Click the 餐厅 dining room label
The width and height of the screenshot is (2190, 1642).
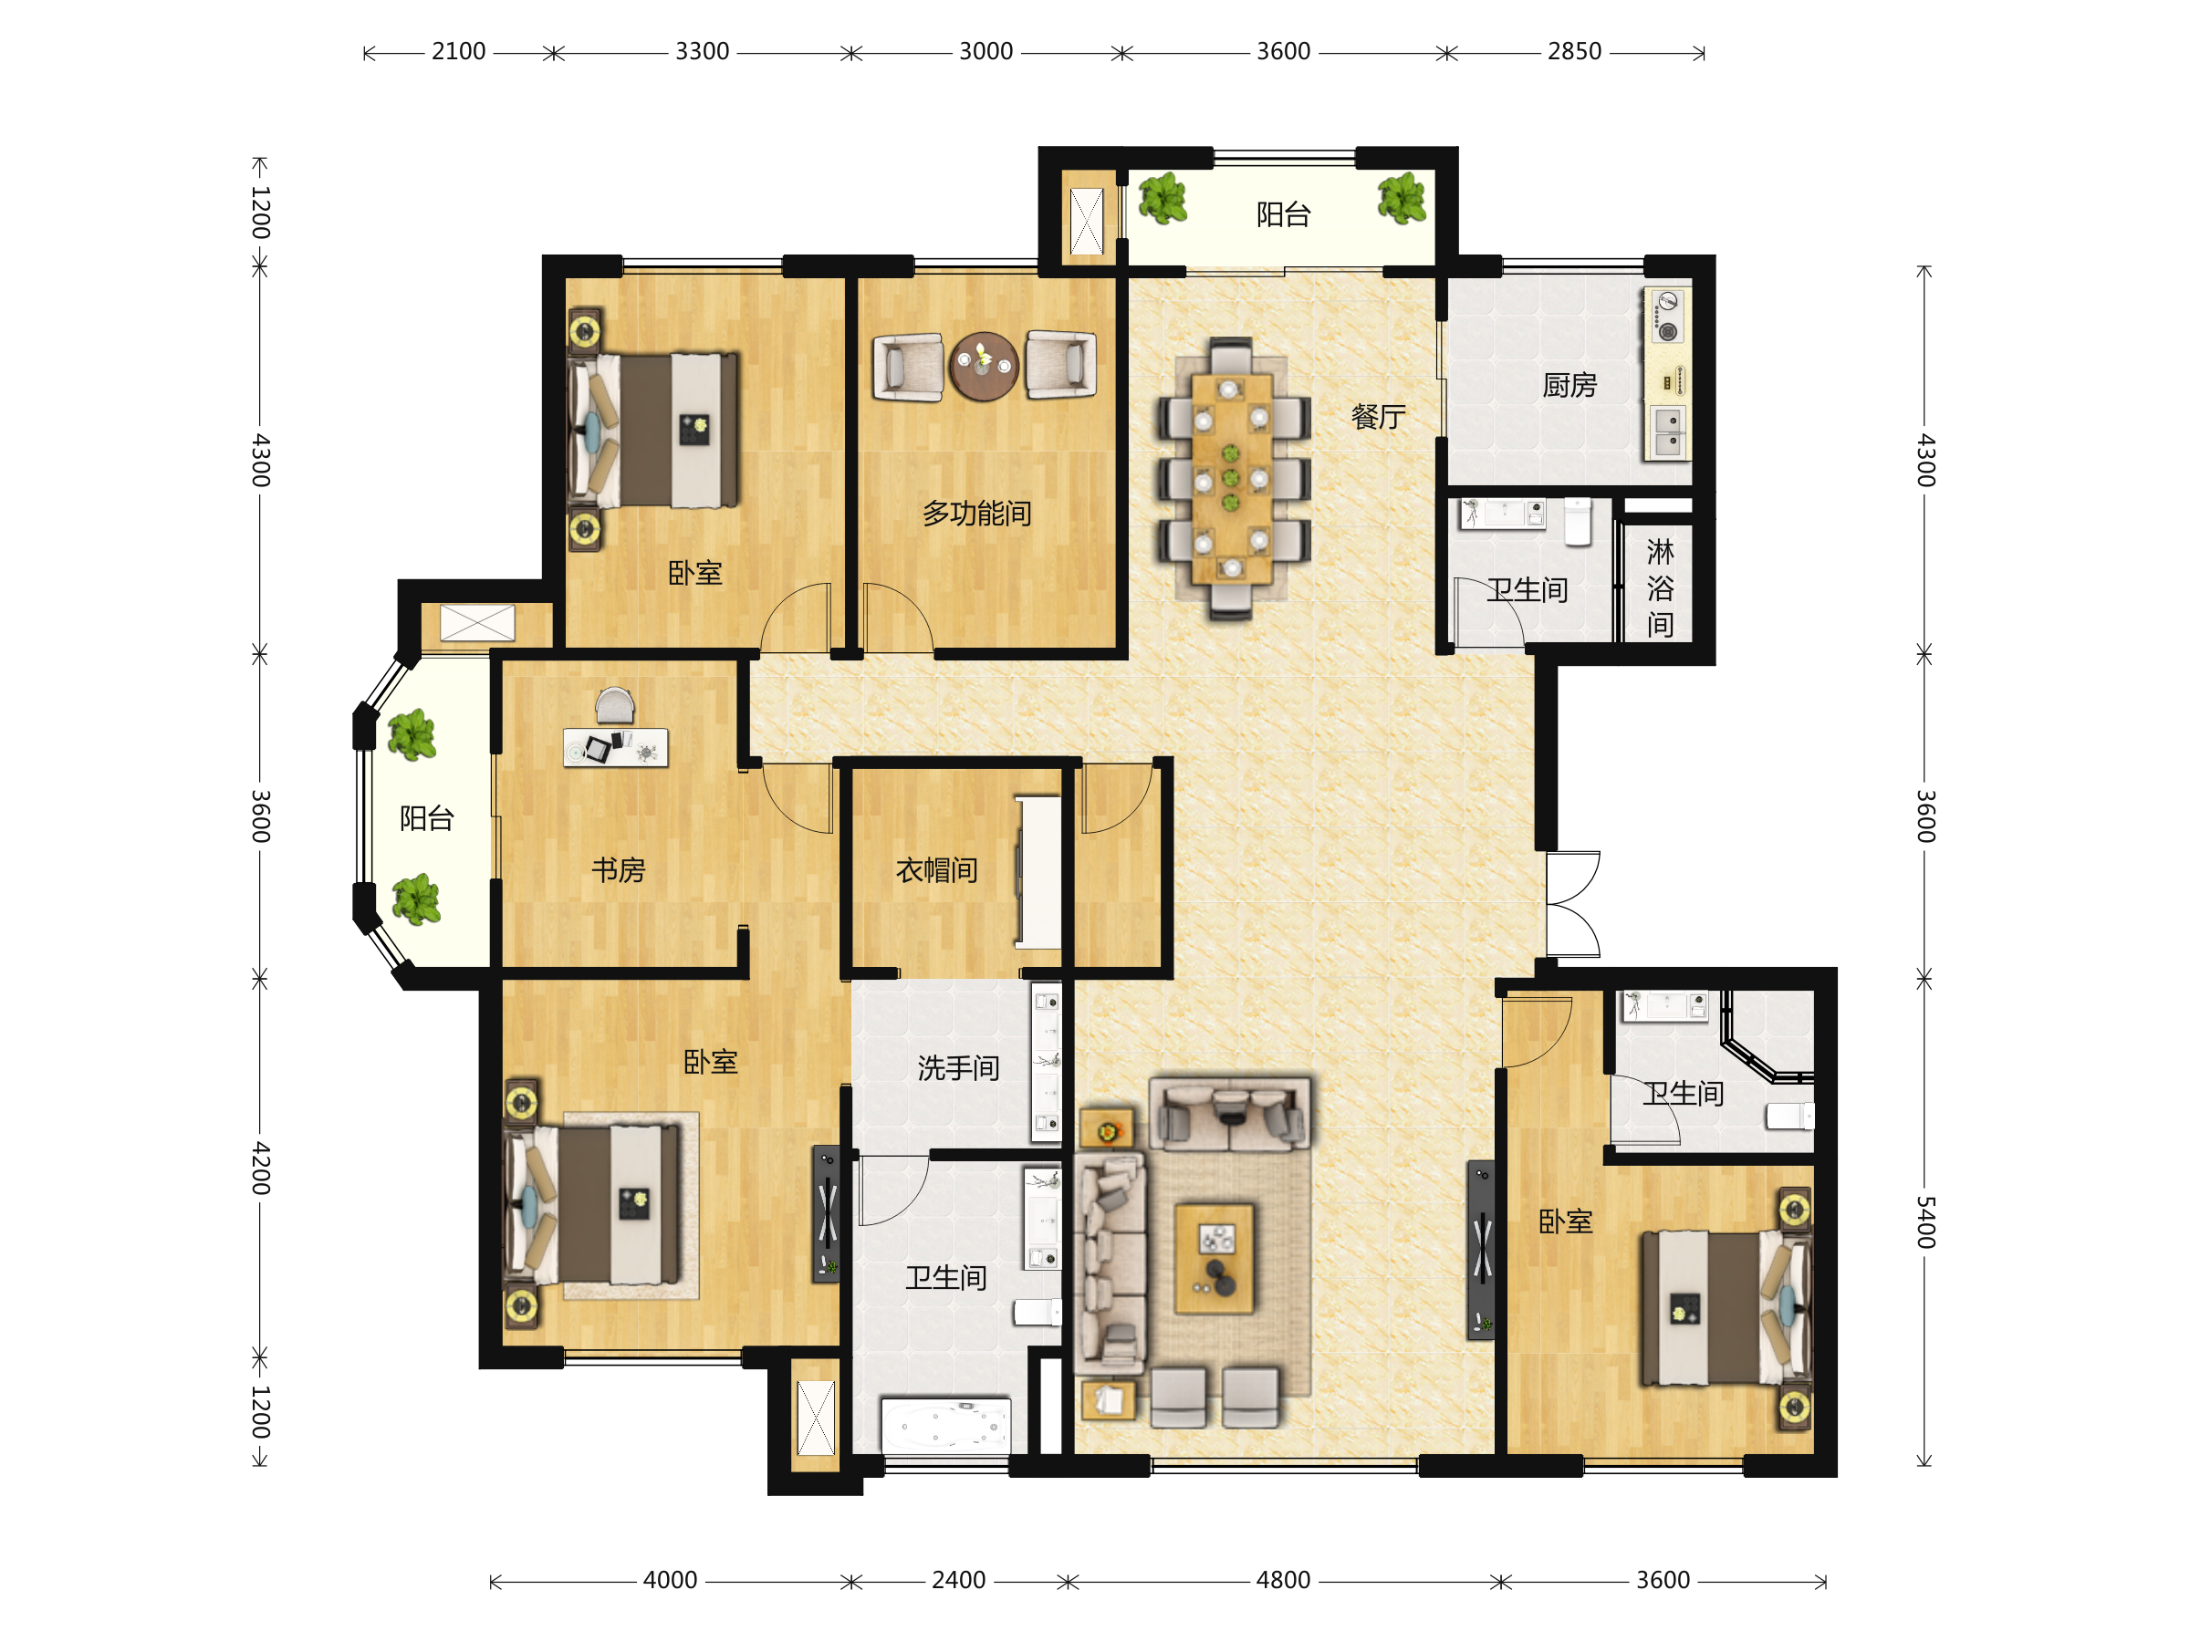point(1378,417)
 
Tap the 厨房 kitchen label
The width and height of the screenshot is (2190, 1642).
point(1569,385)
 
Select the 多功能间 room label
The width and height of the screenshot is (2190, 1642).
point(976,513)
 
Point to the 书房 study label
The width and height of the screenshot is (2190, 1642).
point(618,870)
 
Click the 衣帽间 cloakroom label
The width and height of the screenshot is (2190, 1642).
point(936,870)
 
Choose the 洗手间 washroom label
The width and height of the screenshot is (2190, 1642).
point(958,1068)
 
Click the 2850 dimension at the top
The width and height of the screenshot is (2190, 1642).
point(1574,51)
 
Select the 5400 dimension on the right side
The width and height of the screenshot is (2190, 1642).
point(1924,1221)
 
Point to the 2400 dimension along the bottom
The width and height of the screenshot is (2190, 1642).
point(958,1580)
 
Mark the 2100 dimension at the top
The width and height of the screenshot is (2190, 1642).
point(458,51)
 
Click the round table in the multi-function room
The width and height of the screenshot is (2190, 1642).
point(983,366)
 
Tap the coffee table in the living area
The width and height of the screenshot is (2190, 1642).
point(1214,1259)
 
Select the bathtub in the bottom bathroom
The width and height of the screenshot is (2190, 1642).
point(945,1425)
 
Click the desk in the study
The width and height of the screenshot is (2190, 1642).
point(616,747)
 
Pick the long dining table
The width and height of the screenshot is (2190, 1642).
point(1232,478)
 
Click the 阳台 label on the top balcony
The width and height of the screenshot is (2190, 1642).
point(1283,213)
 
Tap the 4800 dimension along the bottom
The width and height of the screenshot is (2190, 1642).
point(1283,1580)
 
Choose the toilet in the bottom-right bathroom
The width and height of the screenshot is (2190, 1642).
point(1790,1117)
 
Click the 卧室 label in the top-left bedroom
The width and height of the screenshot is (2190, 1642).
point(695,573)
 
